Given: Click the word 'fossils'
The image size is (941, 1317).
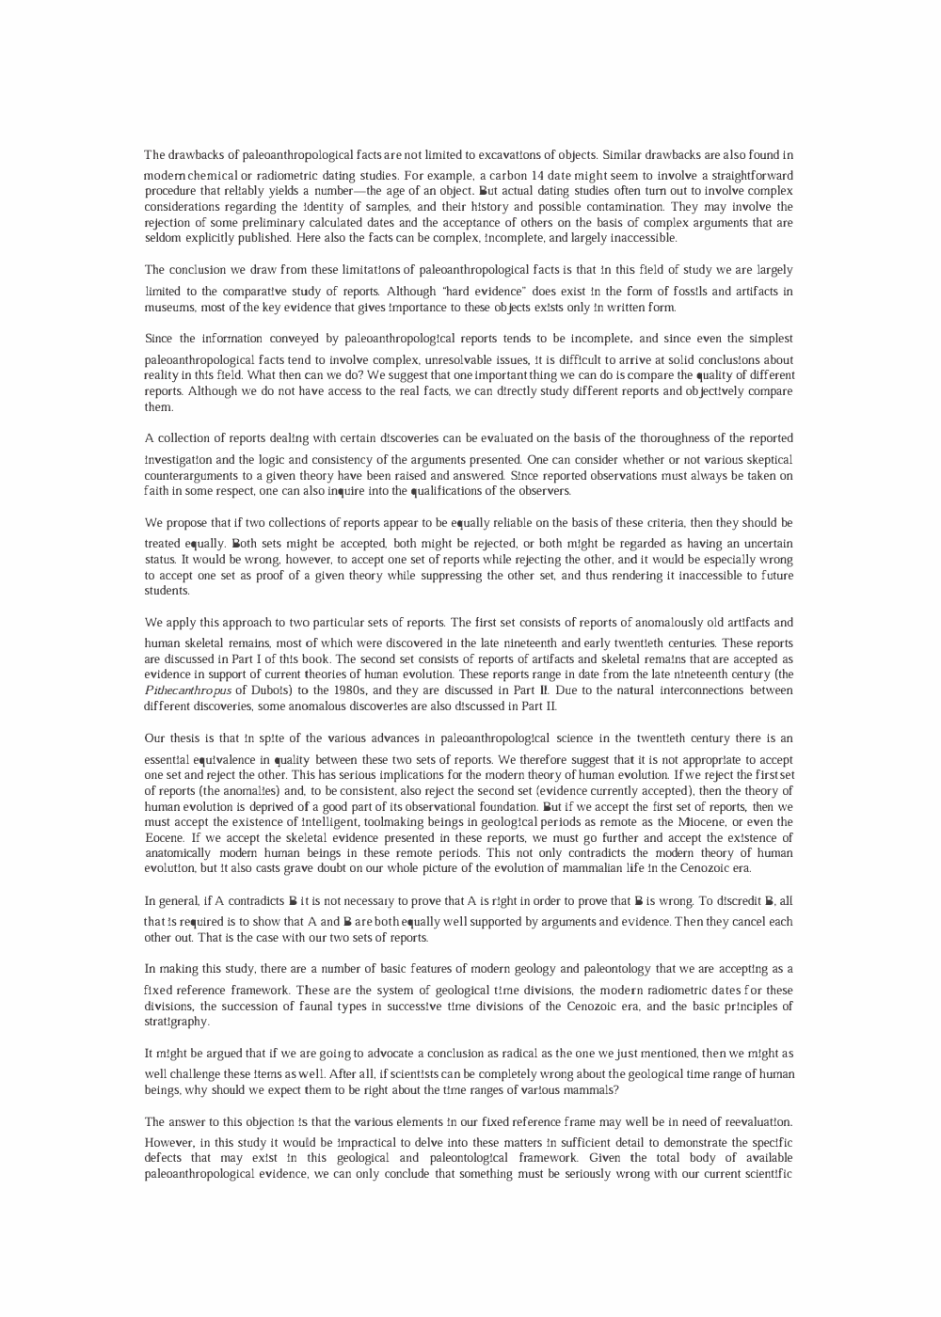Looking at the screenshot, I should tap(705, 292).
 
